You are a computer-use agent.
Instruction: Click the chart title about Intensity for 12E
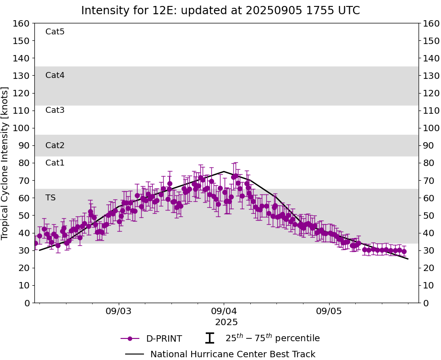pos(220,11)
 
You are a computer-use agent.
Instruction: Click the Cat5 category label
pos(55,32)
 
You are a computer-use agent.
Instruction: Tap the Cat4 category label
pos(55,75)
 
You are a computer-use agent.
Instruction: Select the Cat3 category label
pos(55,110)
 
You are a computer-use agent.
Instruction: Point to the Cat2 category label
pos(55,145)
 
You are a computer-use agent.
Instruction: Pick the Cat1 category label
pos(55,163)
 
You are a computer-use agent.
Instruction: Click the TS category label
pos(50,198)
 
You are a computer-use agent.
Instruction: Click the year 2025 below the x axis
pos(226,322)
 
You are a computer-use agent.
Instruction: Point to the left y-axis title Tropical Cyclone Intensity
pos(6,163)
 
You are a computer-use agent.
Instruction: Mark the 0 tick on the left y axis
pos(27,303)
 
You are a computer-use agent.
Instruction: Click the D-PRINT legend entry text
pos(164,339)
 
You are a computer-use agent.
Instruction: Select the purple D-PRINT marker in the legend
pos(130,338)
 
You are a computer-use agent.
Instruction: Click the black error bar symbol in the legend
pos(209,338)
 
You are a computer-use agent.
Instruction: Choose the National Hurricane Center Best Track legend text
pos(233,354)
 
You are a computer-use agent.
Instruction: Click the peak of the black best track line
pos(224,172)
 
